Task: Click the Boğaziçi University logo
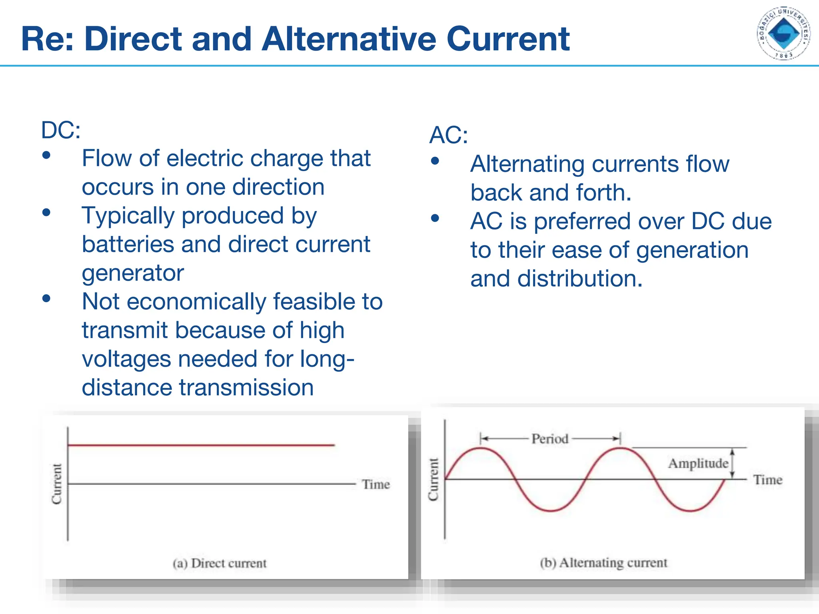tap(783, 34)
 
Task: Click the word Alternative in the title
tap(348, 39)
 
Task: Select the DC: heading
tap(61, 130)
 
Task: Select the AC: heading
tap(448, 135)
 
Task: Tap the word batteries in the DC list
tap(128, 244)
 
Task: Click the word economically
tap(196, 301)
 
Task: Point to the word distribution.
tap(579, 279)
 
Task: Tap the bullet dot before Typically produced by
tap(46, 212)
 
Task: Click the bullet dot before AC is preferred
tap(435, 218)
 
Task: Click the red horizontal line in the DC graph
tap(200, 445)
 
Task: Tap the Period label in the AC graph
tap(549, 439)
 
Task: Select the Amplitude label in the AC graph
tap(698, 463)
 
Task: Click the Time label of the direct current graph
tap(376, 484)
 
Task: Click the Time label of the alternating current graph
tap(767, 480)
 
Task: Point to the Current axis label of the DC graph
tap(57, 484)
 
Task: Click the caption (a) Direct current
tap(220, 563)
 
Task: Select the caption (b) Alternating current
tap(603, 563)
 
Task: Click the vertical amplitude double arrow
tap(732, 463)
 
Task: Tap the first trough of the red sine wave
tap(551, 510)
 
